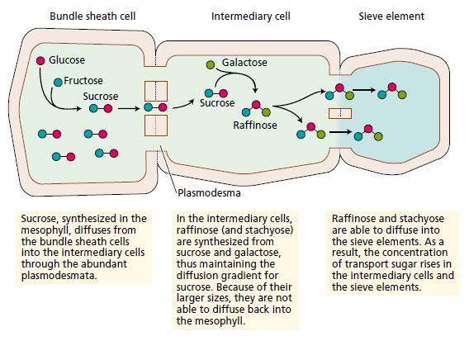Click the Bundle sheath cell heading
92,17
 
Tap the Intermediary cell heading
251,17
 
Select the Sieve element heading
391,17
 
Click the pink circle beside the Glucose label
40,61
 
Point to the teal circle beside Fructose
58,82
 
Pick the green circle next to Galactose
211,64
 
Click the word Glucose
67,60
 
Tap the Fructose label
83,81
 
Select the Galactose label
244,63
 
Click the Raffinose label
255,125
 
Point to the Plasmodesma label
209,193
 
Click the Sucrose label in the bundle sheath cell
101,97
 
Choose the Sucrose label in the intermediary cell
217,103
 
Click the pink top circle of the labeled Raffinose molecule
256,104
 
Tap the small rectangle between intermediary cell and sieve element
340,113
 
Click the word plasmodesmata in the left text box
59,276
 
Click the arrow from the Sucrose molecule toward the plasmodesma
129,108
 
